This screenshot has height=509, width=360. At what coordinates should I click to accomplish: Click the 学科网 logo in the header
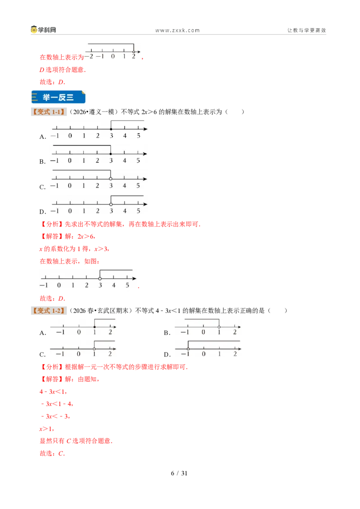[43, 30]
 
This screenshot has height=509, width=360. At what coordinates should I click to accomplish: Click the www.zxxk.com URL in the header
[177, 31]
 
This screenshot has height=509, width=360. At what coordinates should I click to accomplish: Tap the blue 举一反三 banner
[58, 97]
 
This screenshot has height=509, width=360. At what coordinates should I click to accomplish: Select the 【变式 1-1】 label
[49, 112]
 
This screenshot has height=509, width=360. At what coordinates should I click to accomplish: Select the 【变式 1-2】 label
[49, 311]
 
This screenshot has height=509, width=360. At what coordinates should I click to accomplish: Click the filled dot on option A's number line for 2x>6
[111, 129]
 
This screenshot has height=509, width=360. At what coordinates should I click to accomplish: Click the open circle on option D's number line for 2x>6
[111, 204]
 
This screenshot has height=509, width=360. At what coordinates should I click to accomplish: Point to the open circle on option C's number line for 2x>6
[111, 179]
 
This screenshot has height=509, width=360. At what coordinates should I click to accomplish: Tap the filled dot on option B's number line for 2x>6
[111, 154]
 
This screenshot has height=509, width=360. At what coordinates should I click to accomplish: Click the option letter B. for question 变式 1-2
[167, 333]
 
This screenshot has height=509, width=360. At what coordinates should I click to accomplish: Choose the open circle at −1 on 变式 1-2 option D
[188, 349]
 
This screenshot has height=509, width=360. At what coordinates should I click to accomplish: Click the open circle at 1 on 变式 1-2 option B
[219, 327]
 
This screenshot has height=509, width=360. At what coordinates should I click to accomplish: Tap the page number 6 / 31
[179, 473]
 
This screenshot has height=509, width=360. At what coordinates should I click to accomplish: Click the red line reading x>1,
[47, 429]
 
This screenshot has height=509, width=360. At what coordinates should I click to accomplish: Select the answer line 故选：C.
[52, 454]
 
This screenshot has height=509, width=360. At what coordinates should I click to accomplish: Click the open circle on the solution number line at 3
[100, 278]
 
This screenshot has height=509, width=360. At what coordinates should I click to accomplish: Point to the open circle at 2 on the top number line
[134, 52]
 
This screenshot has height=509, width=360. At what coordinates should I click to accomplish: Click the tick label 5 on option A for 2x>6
[139, 136]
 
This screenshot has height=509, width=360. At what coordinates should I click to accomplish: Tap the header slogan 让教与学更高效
[306, 30]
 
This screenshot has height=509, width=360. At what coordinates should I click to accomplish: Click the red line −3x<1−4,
[57, 404]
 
